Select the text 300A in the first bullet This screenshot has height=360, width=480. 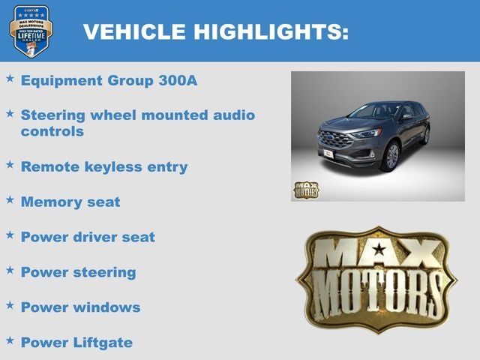tap(178, 80)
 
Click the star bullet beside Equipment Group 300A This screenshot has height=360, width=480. tap(10, 78)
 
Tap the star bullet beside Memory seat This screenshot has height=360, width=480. tap(10, 199)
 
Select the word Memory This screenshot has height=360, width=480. tap(49, 202)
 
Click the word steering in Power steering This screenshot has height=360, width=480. tap(104, 272)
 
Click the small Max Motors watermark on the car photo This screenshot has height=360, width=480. tap(305, 190)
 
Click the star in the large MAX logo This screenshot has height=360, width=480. tap(378, 249)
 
